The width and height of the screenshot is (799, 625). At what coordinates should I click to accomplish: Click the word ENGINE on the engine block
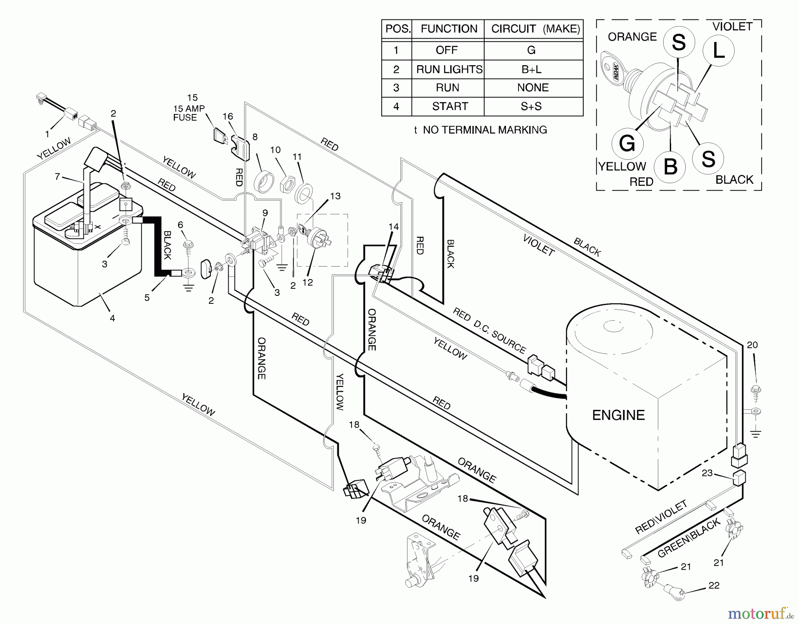[618, 415]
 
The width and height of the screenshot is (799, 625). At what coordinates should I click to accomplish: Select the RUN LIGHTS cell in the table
[449, 70]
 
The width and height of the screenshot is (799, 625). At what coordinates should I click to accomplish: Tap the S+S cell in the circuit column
[531, 106]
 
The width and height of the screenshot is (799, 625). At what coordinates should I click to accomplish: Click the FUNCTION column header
[449, 29]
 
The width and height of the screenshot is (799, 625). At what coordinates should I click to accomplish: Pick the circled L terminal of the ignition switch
[718, 51]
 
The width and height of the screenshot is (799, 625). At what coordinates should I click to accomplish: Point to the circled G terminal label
[627, 144]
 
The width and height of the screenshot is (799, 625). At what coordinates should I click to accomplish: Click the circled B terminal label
[670, 167]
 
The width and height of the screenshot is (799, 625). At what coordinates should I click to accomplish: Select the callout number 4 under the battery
[112, 318]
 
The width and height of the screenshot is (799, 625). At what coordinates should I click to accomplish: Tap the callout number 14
[393, 227]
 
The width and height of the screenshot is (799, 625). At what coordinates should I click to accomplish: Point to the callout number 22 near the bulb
[713, 586]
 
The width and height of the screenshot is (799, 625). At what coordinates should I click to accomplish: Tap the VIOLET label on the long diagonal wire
[538, 245]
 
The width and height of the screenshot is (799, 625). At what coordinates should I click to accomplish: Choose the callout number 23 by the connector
[707, 473]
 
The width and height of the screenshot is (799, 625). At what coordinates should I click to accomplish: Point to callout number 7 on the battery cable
[57, 177]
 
